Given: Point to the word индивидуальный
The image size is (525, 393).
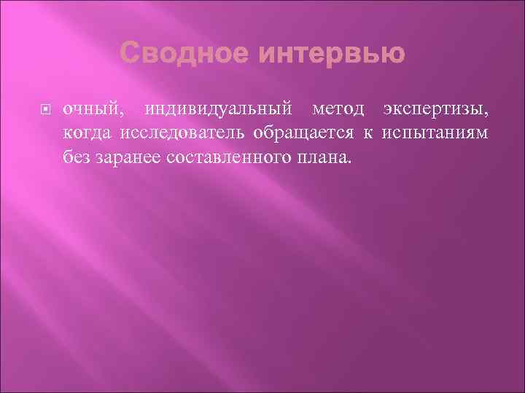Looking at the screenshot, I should pos(221,110).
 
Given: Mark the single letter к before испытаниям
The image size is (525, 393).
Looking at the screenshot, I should pos(369,132).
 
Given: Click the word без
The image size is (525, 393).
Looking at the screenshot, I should pos(76,156).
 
